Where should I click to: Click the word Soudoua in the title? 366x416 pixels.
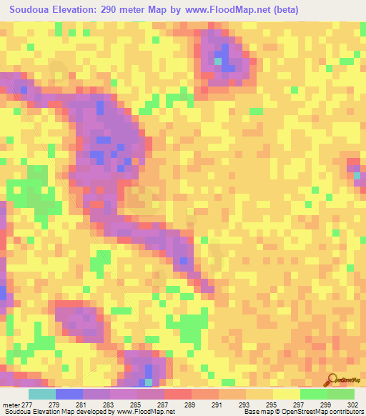(32, 9)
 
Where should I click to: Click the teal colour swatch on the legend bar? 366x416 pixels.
(41, 394)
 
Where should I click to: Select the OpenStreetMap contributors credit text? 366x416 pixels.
(302, 412)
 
